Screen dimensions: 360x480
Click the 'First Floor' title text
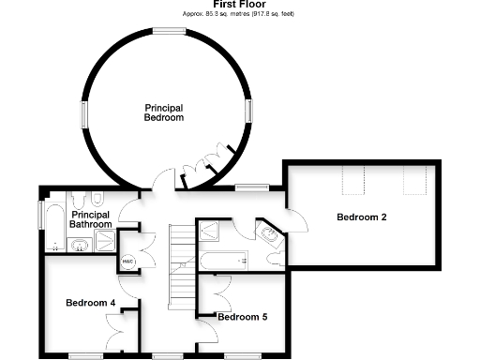pos(239,5)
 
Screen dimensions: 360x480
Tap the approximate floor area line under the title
pos(239,15)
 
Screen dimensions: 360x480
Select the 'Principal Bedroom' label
pos(162,112)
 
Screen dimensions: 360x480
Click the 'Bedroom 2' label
pos(362,217)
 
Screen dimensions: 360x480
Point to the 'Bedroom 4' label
pos(90,303)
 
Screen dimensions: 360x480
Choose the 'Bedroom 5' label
pos(242,318)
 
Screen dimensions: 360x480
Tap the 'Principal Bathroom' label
pos(91,220)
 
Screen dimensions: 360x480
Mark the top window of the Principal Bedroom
pos(168,32)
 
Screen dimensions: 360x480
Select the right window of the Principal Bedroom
pos(249,112)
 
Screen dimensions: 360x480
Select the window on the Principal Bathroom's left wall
pos(40,214)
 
